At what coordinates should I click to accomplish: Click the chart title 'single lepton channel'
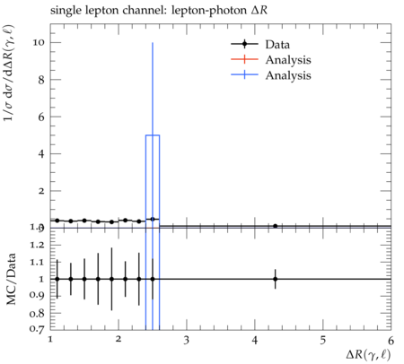pos(107,11)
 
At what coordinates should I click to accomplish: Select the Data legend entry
pos(260,44)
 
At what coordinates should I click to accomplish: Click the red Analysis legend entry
pos(271,59)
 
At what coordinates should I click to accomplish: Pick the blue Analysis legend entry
pos(271,74)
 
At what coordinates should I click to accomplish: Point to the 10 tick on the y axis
pos(39,42)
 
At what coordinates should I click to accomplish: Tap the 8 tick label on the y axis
pos(41,80)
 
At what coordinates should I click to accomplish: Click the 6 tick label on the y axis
pos(41,117)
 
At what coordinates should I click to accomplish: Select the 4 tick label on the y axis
pos(41,154)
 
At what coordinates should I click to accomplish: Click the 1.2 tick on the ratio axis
pos(37,245)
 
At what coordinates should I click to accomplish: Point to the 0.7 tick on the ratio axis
pos(37,329)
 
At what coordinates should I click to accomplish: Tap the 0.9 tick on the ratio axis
pos(37,296)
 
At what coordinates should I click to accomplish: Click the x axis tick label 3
pos(187,341)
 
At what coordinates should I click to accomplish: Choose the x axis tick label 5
pos(323,341)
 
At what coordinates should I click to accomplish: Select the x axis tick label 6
pos(391,341)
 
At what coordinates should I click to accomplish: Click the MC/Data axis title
pos(11,279)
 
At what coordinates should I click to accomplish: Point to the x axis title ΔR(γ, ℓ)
pos(368,355)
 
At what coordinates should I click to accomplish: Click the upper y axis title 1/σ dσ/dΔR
pos(9,73)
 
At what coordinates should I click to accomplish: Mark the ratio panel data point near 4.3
pos(276,279)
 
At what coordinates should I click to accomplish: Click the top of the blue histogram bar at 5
pos(153,135)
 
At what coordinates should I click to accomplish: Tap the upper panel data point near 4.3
pos(276,226)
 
